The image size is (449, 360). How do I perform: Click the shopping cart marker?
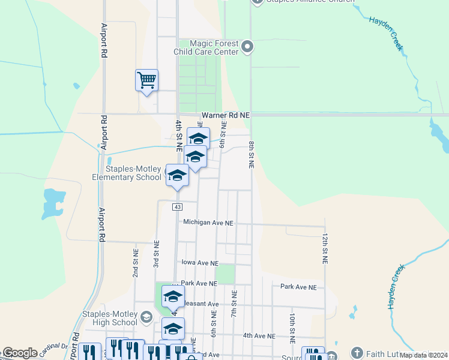[x=147, y=80]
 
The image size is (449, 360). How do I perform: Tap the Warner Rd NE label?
[x=225, y=115]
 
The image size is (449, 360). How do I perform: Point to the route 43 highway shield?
[x=177, y=207]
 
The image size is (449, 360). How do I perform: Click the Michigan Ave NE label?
[x=208, y=222]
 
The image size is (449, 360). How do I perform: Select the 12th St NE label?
[x=325, y=249]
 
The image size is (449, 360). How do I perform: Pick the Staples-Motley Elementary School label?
[x=126, y=173]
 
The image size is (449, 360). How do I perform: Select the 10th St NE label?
[x=292, y=328]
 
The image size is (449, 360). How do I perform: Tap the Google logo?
[x=19, y=352]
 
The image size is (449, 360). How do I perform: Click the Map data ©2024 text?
[x=423, y=355]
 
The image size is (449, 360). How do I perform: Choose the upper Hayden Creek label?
[x=386, y=33]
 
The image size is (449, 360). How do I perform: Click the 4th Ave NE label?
[x=259, y=336]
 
